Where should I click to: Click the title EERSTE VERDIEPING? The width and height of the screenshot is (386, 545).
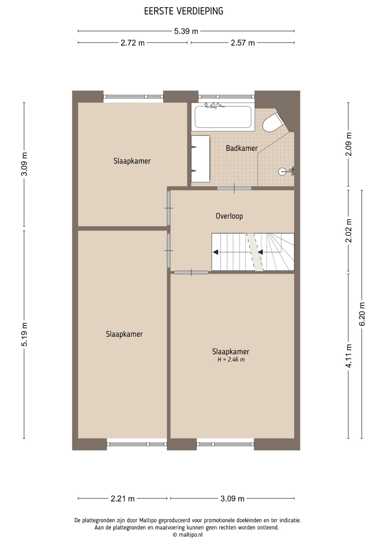[184, 11]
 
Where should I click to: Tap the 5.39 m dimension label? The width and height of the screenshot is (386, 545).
[186, 31]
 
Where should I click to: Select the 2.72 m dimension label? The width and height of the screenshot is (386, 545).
[132, 43]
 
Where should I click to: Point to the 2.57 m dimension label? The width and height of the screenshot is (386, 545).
[242, 43]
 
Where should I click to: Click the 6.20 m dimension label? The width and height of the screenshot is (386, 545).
[362, 314]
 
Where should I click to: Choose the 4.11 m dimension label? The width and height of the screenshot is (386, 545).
[349, 356]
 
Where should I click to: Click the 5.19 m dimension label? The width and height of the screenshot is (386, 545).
[24, 334]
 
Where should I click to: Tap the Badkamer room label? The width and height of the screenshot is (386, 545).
[242, 148]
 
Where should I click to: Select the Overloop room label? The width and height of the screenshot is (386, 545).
[229, 216]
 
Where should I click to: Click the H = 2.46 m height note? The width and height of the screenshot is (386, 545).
[231, 360]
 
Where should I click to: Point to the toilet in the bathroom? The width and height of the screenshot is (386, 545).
[273, 122]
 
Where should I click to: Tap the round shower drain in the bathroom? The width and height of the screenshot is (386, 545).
[282, 171]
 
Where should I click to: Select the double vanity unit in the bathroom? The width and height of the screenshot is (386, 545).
[200, 159]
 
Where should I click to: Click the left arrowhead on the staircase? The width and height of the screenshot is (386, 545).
[215, 252]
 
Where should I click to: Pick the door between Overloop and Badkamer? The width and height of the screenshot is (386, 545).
[234, 188]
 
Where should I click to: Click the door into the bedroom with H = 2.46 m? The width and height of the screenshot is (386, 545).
[191, 272]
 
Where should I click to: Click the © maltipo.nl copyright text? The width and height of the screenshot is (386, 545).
[188, 535]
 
